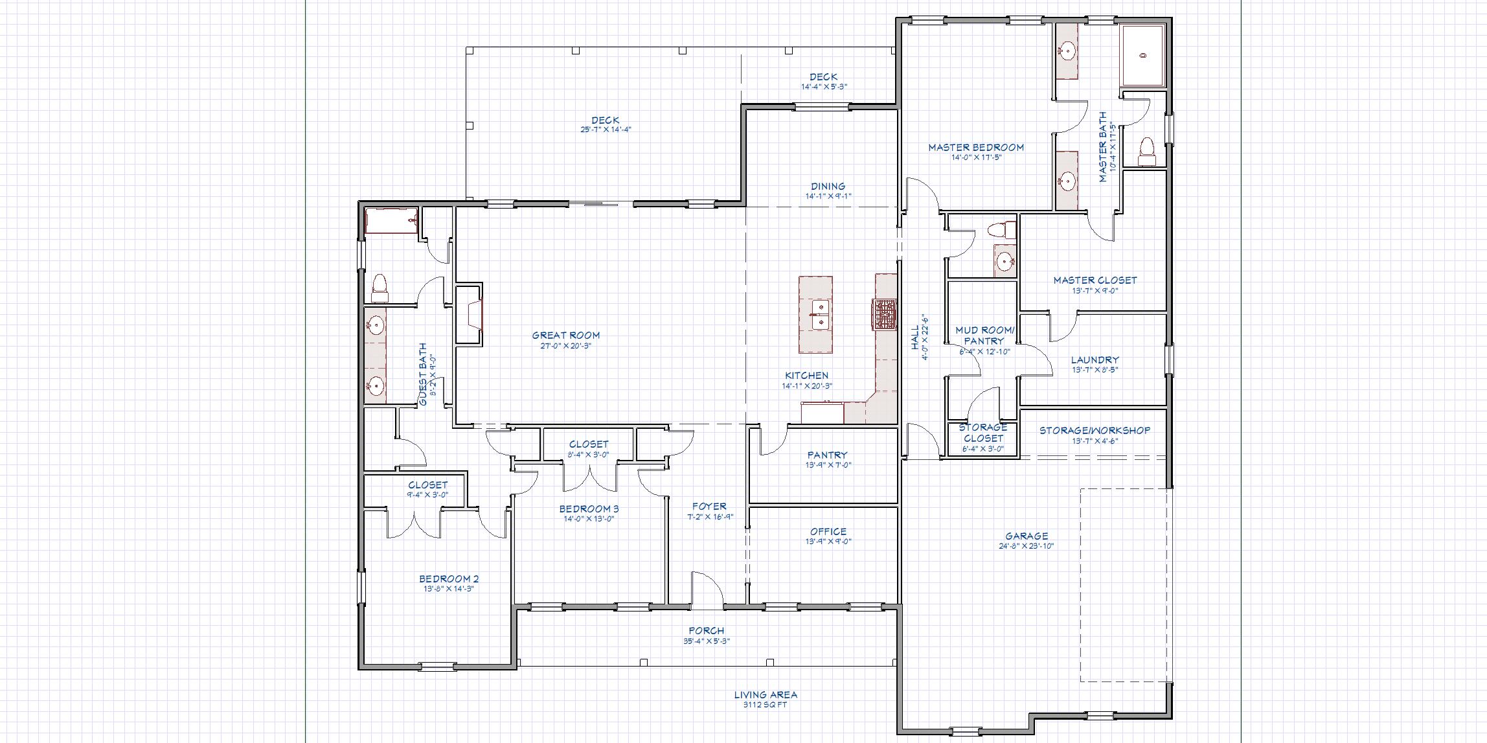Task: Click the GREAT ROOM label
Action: pyautogui.click(x=565, y=336)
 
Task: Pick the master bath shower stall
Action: pyautogui.click(x=1143, y=56)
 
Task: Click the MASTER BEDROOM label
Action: pyautogui.click(x=976, y=148)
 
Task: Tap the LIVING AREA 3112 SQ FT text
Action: pyautogui.click(x=766, y=699)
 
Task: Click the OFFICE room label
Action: pyautogui.click(x=828, y=532)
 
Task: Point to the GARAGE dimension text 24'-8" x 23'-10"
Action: pyautogui.click(x=1027, y=546)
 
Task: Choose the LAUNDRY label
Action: pyautogui.click(x=1095, y=360)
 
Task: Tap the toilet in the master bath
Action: pyautogui.click(x=1147, y=149)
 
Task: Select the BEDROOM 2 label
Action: pyautogui.click(x=449, y=579)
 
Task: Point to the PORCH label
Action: pyautogui.click(x=706, y=630)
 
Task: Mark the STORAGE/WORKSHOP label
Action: pyautogui.click(x=1095, y=430)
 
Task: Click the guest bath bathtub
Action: pyautogui.click(x=391, y=221)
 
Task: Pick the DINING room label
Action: pyautogui.click(x=828, y=187)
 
